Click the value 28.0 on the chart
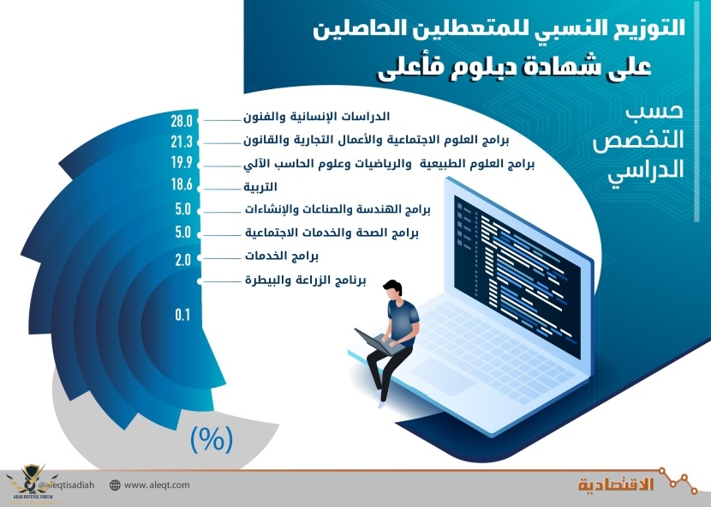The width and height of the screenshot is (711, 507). click(182, 121)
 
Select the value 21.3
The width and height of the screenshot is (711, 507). click(182, 142)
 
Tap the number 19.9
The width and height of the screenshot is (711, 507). click(182, 163)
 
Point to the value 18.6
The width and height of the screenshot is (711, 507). click(182, 184)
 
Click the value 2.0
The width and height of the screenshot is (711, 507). click(182, 260)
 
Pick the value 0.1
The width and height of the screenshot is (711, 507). click(182, 314)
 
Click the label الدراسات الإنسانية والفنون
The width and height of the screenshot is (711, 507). click(316, 117)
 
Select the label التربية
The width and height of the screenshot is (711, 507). click(260, 187)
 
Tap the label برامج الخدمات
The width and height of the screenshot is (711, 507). click(282, 257)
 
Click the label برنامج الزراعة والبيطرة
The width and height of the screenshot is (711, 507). click(305, 280)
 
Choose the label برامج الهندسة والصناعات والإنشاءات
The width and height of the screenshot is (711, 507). click(338, 209)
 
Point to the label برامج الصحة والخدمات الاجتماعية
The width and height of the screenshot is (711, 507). click(332, 232)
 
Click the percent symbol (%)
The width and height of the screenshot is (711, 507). click(212, 439)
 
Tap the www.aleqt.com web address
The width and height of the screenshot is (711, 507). click(157, 485)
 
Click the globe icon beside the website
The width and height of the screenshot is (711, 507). click(115, 486)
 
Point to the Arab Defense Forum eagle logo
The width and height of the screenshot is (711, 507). click(32, 480)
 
